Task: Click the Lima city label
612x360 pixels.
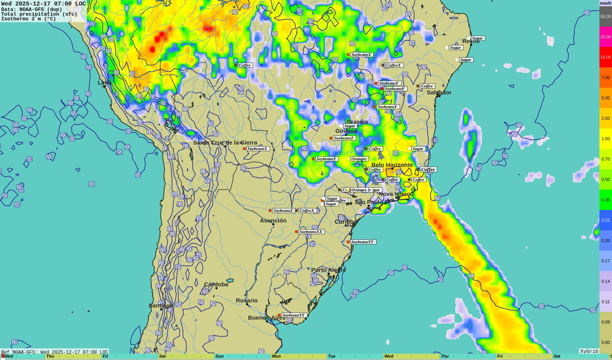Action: click(x=104, y=83)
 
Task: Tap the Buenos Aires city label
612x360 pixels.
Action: click(x=266, y=318)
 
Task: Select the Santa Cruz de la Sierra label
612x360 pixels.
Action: click(x=225, y=143)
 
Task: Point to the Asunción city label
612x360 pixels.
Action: click(x=273, y=221)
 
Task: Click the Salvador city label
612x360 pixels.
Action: click(x=439, y=92)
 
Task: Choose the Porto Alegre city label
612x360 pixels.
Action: click(x=328, y=270)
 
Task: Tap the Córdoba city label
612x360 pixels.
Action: click(x=216, y=284)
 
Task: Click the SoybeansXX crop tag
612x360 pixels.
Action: click(x=311, y=232)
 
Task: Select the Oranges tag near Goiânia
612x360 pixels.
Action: click(x=359, y=159)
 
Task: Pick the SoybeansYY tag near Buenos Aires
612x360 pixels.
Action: click(x=293, y=315)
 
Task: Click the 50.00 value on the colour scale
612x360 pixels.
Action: click(x=605, y=16)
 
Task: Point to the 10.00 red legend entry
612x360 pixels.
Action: click(x=605, y=57)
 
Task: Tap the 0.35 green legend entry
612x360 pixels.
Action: click(x=605, y=200)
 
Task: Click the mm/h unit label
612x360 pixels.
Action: click(x=605, y=3)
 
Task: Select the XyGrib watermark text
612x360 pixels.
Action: click(x=589, y=351)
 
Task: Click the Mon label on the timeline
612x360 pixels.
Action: click(x=276, y=356)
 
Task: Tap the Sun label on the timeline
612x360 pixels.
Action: click(x=219, y=356)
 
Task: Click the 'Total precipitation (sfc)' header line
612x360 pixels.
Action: click(x=39, y=14)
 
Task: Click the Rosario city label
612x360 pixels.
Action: click(x=246, y=300)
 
